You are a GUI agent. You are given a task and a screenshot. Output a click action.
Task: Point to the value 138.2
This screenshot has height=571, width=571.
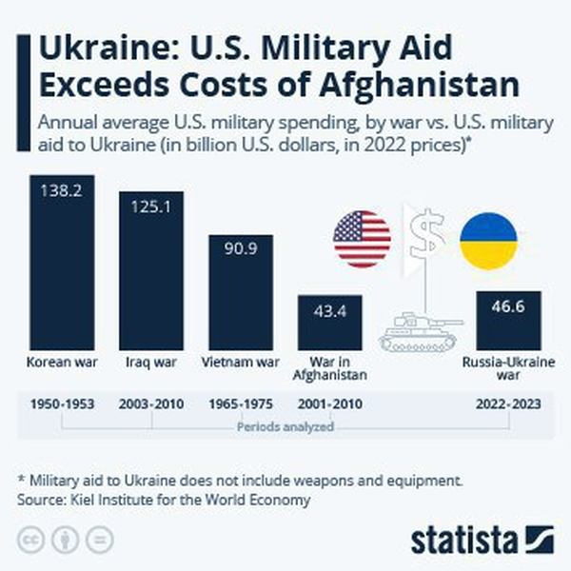click(x=62, y=190)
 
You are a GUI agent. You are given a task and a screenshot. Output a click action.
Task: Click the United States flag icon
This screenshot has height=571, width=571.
click(x=362, y=239)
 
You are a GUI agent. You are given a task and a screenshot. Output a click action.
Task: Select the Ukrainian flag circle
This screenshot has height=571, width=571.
click(x=488, y=241)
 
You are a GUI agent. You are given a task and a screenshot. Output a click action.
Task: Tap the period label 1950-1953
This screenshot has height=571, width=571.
click(x=62, y=404)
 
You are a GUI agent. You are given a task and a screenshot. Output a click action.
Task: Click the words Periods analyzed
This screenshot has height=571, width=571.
click(x=286, y=427)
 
